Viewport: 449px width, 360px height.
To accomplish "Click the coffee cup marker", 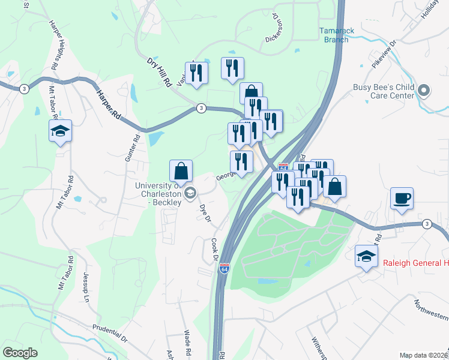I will (402, 197).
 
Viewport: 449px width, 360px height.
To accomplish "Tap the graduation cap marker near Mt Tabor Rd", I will (60, 131).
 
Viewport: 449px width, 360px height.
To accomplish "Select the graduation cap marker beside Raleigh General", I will (366, 256).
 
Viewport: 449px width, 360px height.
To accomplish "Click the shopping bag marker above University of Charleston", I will (181, 171).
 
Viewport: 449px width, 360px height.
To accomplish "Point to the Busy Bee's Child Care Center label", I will (384, 91).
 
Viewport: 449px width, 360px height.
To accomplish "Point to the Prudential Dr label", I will (110, 334).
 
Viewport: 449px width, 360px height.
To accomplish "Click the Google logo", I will (20, 353).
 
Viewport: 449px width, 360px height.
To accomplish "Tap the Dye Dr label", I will (205, 212).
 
